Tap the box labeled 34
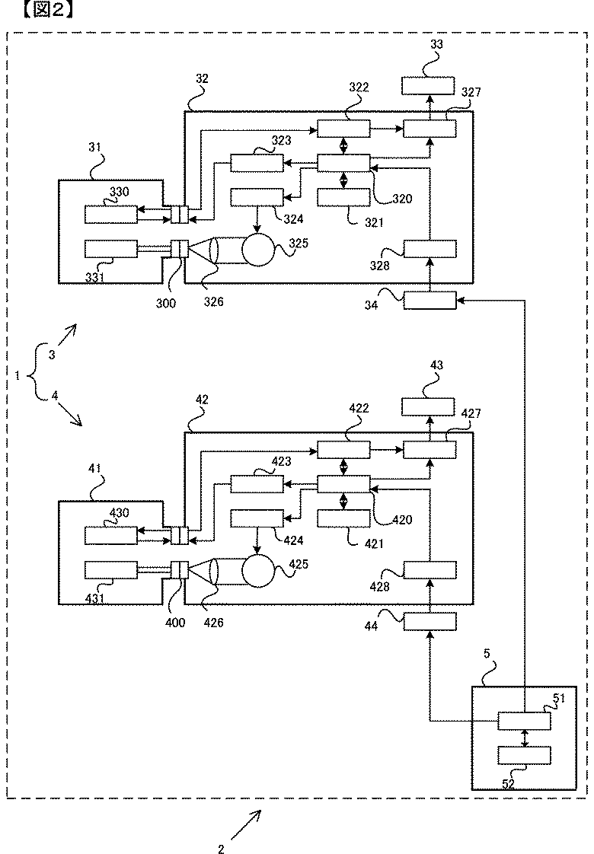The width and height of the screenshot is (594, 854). point(430,301)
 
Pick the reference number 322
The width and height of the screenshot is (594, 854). point(358,87)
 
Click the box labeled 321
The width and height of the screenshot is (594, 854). point(343,196)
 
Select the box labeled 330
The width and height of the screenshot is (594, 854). point(111,215)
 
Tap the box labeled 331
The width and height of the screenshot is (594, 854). point(111,248)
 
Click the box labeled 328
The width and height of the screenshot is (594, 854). point(430,249)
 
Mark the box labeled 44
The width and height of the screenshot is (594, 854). point(430,622)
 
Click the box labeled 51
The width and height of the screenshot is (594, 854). point(524,720)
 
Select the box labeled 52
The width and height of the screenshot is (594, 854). point(524,755)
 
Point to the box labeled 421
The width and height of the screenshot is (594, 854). point(343,518)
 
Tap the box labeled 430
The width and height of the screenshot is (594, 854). point(111,536)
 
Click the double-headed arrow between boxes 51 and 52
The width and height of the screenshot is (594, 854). point(524,738)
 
